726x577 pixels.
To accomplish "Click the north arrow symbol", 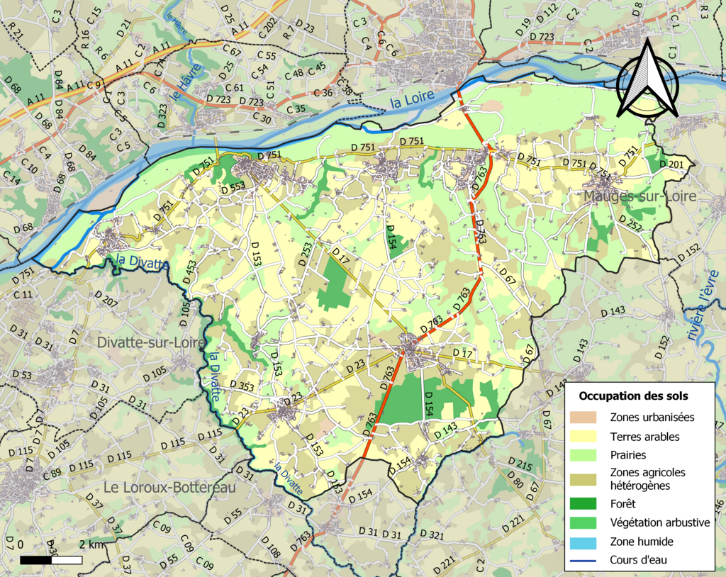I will pos(647,79).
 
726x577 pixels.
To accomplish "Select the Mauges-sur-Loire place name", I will pos(639,196).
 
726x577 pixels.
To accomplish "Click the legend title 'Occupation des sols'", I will pos(633,395).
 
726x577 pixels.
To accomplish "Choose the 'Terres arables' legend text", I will pos(644,437).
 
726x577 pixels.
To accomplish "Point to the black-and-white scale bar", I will pos(51,560).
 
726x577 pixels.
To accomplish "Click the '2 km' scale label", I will pos(91,544).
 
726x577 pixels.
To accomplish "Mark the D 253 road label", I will pos(306,254).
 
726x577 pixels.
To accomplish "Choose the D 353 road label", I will pos(242,387).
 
